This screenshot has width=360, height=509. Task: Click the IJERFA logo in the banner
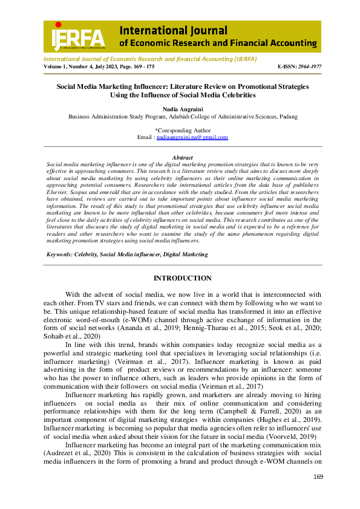[79, 37]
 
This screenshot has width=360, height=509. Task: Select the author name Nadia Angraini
[183, 107]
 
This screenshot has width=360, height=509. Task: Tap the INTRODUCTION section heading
[183, 278]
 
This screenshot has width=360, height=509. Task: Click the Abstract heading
[183, 158]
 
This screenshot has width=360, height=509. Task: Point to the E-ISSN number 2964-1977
[310, 66]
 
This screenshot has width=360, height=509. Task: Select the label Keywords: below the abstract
[60, 254]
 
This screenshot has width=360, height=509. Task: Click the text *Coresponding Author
[183, 130]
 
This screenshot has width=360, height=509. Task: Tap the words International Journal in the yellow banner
[173, 31]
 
